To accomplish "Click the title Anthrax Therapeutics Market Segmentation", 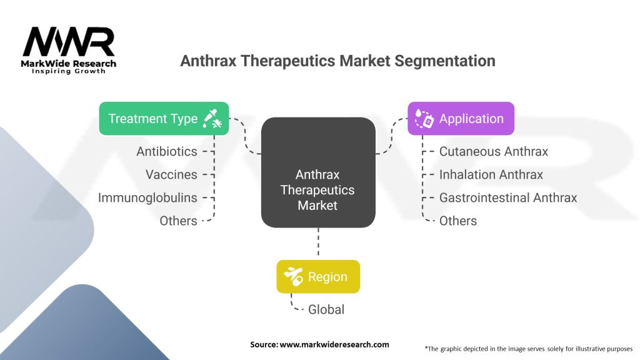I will coord(337,61).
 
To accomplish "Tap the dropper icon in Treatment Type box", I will coord(211,119).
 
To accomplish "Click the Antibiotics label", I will coord(167,151).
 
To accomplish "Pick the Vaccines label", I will coord(171,174).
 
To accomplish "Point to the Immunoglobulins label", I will coord(147,197).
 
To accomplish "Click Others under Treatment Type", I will coord(178,221).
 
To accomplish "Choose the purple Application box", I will coord(461,119).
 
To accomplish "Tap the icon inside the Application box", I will coord(424,119).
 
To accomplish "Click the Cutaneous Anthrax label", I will coord(493,151).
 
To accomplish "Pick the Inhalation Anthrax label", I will coord(491,174).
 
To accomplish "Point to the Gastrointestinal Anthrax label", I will coord(507,197).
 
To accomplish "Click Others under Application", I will coord(457,221).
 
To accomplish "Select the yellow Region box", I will coord(318,276).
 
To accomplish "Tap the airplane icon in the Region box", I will coord(293,276).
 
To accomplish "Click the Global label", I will coord(326,309).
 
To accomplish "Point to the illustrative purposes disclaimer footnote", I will coord(528,348).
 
